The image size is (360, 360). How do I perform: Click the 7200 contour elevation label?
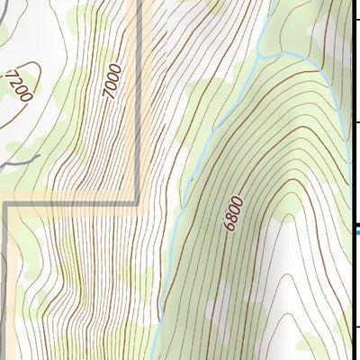19,85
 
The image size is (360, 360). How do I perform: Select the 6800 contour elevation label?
234,214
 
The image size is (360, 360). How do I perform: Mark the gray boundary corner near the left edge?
5,205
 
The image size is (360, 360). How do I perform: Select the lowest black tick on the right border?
355,327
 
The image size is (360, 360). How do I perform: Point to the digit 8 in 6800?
233,214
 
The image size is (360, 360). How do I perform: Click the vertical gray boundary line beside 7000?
138,108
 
